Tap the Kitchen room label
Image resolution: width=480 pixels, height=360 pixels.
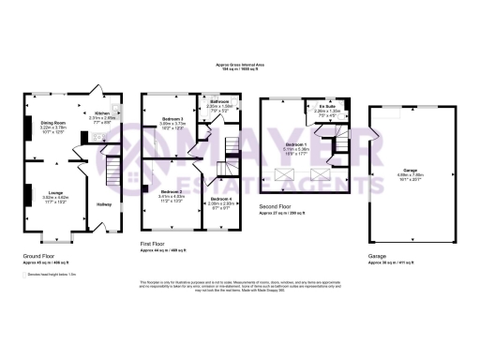point(100,113)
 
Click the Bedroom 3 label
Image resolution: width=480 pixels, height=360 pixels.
point(172,119)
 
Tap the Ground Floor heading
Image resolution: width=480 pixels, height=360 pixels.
point(39,254)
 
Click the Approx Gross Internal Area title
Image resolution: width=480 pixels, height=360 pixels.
point(240,65)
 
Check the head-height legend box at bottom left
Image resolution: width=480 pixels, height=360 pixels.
point(25,273)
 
